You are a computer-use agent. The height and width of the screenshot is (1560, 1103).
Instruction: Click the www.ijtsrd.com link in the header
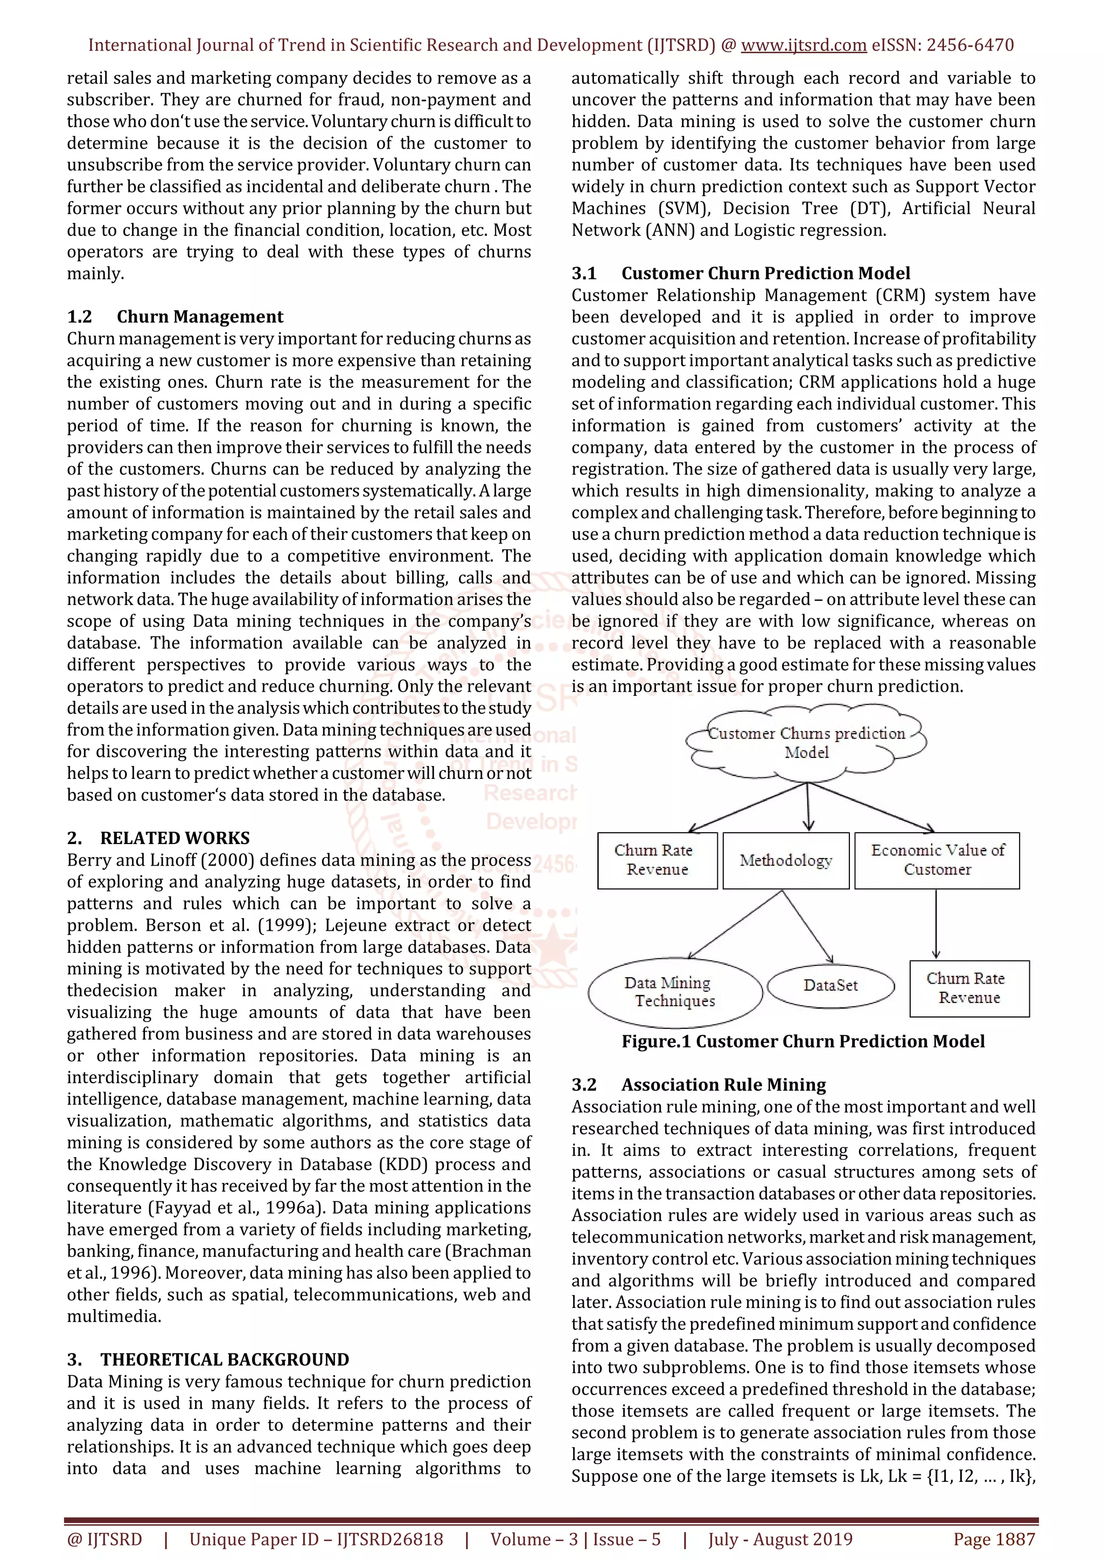click(804, 46)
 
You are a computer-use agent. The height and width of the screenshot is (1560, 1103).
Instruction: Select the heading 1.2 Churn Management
click(175, 317)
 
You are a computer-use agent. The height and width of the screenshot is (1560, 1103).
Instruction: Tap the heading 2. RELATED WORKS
click(158, 838)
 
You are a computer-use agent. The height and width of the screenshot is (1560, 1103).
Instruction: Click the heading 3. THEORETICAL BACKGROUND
click(208, 1359)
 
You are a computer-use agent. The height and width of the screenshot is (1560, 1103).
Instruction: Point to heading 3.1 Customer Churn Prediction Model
click(741, 273)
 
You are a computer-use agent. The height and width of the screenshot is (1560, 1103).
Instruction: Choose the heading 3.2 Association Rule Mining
click(699, 1084)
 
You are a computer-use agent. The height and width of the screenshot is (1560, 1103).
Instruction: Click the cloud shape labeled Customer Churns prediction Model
click(807, 743)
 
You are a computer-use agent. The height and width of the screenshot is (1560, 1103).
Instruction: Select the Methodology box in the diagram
click(786, 861)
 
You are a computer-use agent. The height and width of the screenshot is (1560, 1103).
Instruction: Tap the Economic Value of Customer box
click(937, 860)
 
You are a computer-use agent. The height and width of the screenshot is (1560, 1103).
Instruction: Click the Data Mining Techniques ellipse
click(674, 992)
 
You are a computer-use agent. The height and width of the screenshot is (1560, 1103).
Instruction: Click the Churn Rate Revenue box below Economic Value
click(969, 988)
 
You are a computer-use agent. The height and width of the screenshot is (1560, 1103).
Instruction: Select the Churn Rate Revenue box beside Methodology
click(657, 860)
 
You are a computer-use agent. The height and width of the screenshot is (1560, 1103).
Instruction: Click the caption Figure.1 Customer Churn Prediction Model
click(803, 1042)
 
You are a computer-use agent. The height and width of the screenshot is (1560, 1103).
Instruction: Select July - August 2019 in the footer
click(780, 1539)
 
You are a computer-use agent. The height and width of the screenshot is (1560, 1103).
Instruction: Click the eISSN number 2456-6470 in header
click(970, 46)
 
